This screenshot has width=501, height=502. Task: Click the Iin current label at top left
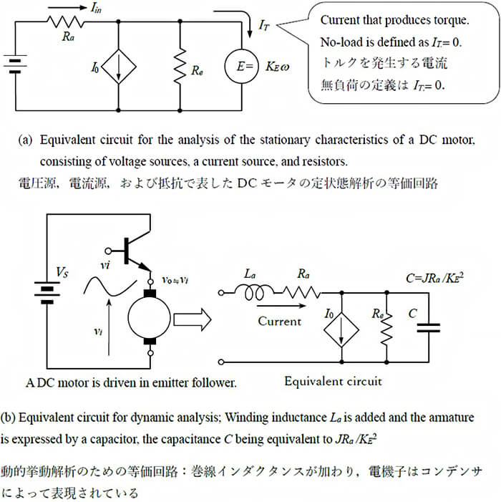pyautogui.click(x=96, y=8)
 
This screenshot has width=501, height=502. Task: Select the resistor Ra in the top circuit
pyautogui.click(x=66, y=22)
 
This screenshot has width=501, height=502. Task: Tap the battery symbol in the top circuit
pyautogui.click(x=15, y=66)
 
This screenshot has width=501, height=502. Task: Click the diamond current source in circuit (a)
pyautogui.click(x=119, y=67)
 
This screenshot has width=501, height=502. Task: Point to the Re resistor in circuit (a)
pyautogui.click(x=180, y=67)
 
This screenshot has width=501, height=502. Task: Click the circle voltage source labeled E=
pyautogui.click(x=241, y=67)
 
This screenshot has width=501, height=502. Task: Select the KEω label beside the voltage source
pyautogui.click(x=277, y=67)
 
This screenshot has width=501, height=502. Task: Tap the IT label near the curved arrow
pyautogui.click(x=264, y=25)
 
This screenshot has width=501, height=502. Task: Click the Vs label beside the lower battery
pyautogui.click(x=62, y=272)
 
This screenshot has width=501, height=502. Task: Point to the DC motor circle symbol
pyautogui.click(x=150, y=317)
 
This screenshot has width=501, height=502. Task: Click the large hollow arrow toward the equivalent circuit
pyautogui.click(x=193, y=319)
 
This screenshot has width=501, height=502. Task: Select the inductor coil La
pyautogui.click(x=253, y=292)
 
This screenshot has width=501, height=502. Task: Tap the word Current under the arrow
pyautogui.click(x=280, y=321)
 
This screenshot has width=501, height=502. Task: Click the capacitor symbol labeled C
pyautogui.click(x=429, y=327)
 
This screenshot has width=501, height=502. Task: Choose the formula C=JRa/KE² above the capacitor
pyautogui.click(x=434, y=277)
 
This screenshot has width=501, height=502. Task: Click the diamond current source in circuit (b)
pyautogui.click(x=341, y=329)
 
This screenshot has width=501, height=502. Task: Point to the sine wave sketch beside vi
pyautogui.click(x=110, y=286)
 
